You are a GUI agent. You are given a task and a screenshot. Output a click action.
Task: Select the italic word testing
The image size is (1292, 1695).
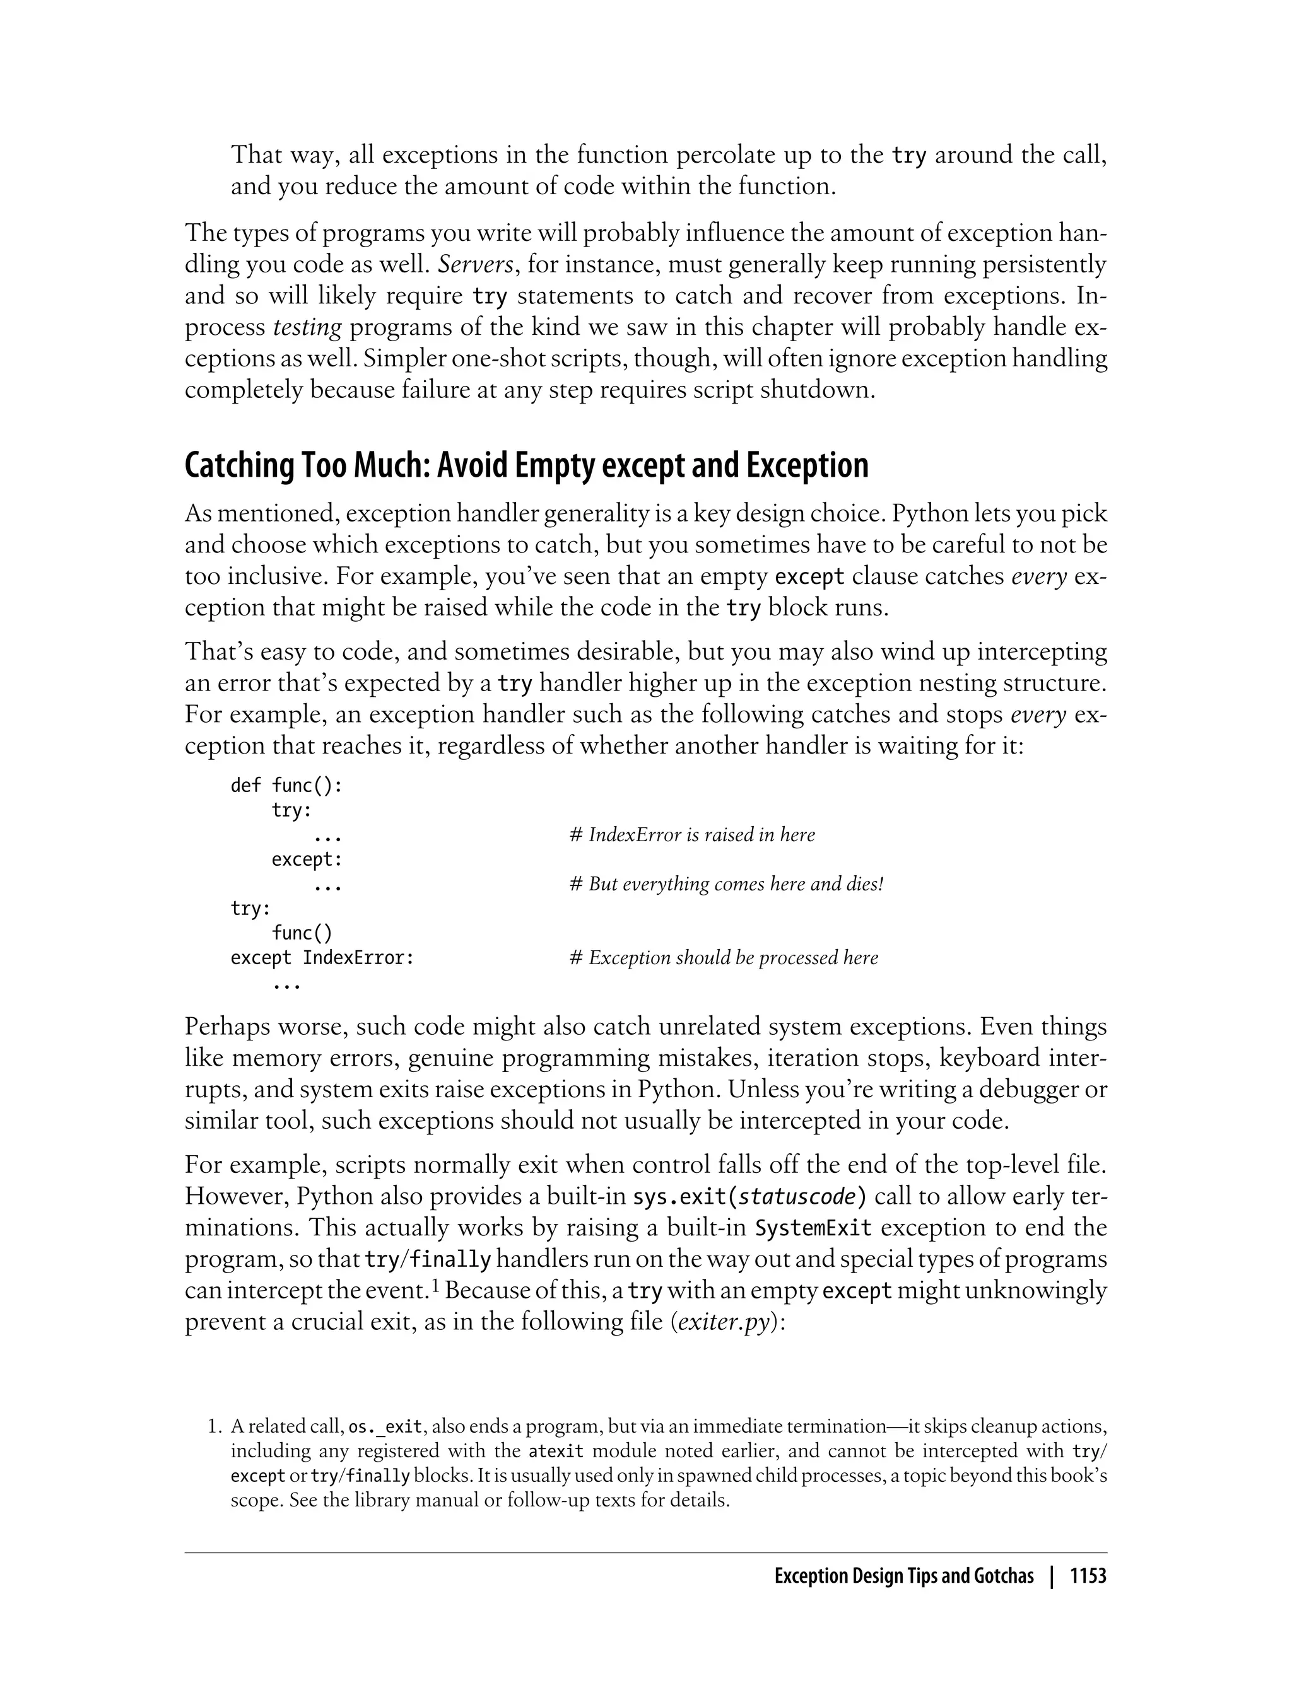point(308,327)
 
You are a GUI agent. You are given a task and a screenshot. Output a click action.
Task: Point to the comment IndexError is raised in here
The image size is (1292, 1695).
point(692,835)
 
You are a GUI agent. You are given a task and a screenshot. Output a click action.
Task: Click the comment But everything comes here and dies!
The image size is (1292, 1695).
point(727,884)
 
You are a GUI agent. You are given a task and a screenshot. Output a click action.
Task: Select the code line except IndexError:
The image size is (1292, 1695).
point(322,958)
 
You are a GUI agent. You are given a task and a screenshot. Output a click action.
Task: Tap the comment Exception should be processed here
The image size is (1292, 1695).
point(724,958)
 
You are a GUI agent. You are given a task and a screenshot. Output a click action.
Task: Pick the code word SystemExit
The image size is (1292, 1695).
point(814,1228)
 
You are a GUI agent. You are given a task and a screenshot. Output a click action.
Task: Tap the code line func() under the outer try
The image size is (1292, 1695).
point(302,933)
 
